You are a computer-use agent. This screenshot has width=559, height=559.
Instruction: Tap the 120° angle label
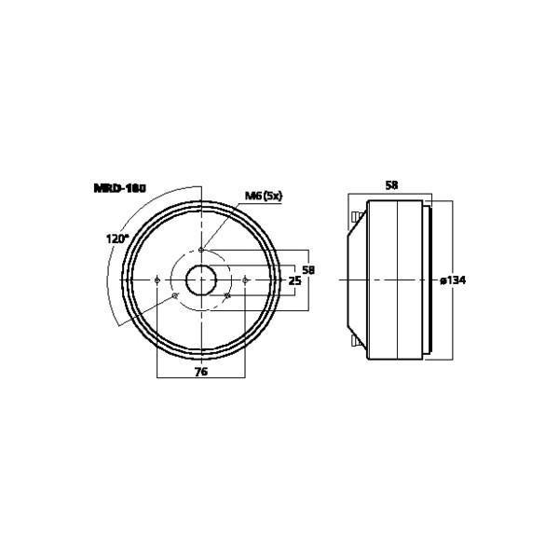point(117,239)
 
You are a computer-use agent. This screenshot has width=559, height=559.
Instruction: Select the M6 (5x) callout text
point(263,196)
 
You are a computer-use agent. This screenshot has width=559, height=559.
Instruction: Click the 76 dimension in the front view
point(200,372)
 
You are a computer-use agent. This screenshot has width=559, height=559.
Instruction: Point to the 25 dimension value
point(294,280)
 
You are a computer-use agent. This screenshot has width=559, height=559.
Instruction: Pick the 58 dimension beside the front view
point(309,269)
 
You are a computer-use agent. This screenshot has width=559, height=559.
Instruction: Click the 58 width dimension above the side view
point(391,186)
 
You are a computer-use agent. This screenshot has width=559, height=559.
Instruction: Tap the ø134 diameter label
point(452,280)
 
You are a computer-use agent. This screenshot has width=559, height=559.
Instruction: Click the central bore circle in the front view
point(201,279)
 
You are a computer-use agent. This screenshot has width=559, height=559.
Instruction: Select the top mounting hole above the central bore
point(201,249)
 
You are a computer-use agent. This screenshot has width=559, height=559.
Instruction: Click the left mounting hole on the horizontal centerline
point(157,279)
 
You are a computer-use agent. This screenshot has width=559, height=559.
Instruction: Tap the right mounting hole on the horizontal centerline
point(245,279)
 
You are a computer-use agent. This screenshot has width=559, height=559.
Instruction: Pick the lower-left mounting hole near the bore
point(175,296)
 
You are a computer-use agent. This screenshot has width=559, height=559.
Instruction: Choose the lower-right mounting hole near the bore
point(227,296)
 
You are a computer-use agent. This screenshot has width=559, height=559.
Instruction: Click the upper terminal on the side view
point(356,219)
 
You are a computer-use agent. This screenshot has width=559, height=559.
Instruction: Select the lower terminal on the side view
point(356,342)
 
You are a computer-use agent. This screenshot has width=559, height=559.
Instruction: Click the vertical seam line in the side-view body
point(398,279)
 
